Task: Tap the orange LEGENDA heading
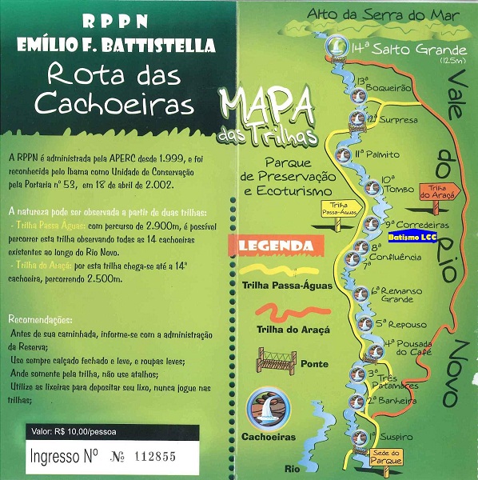270,245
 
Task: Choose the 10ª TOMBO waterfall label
388,185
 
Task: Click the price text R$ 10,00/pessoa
73,432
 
